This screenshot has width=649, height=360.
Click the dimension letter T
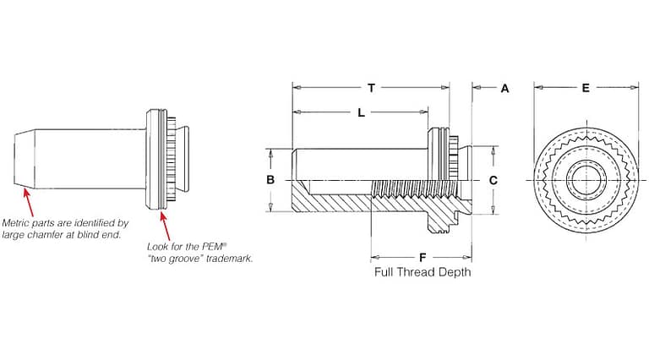pos(371,87)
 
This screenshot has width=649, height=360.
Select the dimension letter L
pos(361,113)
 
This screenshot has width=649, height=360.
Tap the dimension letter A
pos(504,87)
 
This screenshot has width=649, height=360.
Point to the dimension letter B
pos(270,180)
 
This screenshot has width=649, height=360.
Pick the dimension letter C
pos(494,180)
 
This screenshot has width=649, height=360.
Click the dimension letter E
pos(586,87)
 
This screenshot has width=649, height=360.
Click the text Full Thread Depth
pos(423,272)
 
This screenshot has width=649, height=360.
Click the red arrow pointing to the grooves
pos(164,226)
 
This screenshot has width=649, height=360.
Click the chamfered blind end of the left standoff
pos(25,158)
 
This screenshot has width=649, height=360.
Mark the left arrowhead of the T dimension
pos(297,87)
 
